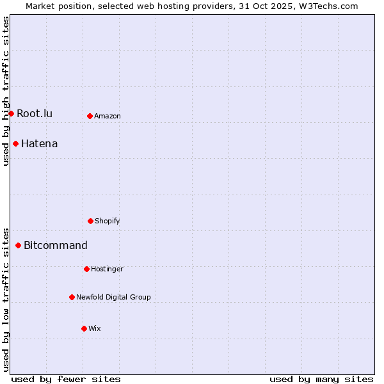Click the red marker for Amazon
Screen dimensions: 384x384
coord(90,116)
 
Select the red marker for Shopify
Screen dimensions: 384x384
coord(90,221)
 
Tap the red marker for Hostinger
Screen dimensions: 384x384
coord(86,269)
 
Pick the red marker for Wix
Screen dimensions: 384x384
coord(84,328)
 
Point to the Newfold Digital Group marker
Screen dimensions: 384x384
coord(72,297)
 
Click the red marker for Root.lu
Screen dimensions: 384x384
coord(11,113)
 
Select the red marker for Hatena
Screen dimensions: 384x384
coord(15,143)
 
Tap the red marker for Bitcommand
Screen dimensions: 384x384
coord(18,245)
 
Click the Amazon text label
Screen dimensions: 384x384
coord(108,116)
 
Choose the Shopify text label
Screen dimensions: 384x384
coord(108,221)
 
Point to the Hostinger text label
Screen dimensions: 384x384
coord(107,269)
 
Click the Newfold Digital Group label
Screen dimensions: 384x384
coord(113,298)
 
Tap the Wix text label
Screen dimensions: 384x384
coord(95,329)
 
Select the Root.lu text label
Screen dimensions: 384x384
coord(35,114)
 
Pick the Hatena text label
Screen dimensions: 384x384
coord(39,144)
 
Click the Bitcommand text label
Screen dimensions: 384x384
coord(56,246)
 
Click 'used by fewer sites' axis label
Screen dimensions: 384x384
coord(66,379)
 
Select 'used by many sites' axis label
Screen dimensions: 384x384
coord(321,379)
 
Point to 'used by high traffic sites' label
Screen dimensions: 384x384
coord(6,91)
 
